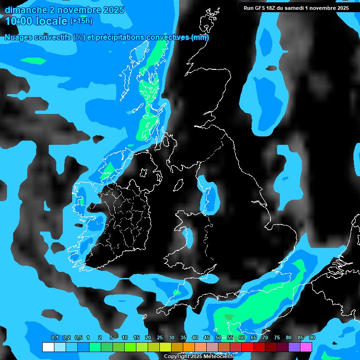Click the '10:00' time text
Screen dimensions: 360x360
18,21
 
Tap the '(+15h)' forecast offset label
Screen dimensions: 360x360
81,21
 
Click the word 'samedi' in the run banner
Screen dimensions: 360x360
299,8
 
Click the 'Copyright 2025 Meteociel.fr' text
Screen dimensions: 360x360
199,356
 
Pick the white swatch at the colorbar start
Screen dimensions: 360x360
48,347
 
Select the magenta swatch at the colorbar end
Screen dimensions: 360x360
306,347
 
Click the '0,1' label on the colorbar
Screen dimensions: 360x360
55,338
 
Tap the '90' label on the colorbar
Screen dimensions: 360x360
312,338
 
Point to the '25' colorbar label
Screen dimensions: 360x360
159,338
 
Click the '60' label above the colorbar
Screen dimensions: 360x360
241,338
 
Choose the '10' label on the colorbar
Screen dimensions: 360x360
124,338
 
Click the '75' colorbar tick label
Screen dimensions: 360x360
277,338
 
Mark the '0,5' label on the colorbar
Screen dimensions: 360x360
78,338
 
